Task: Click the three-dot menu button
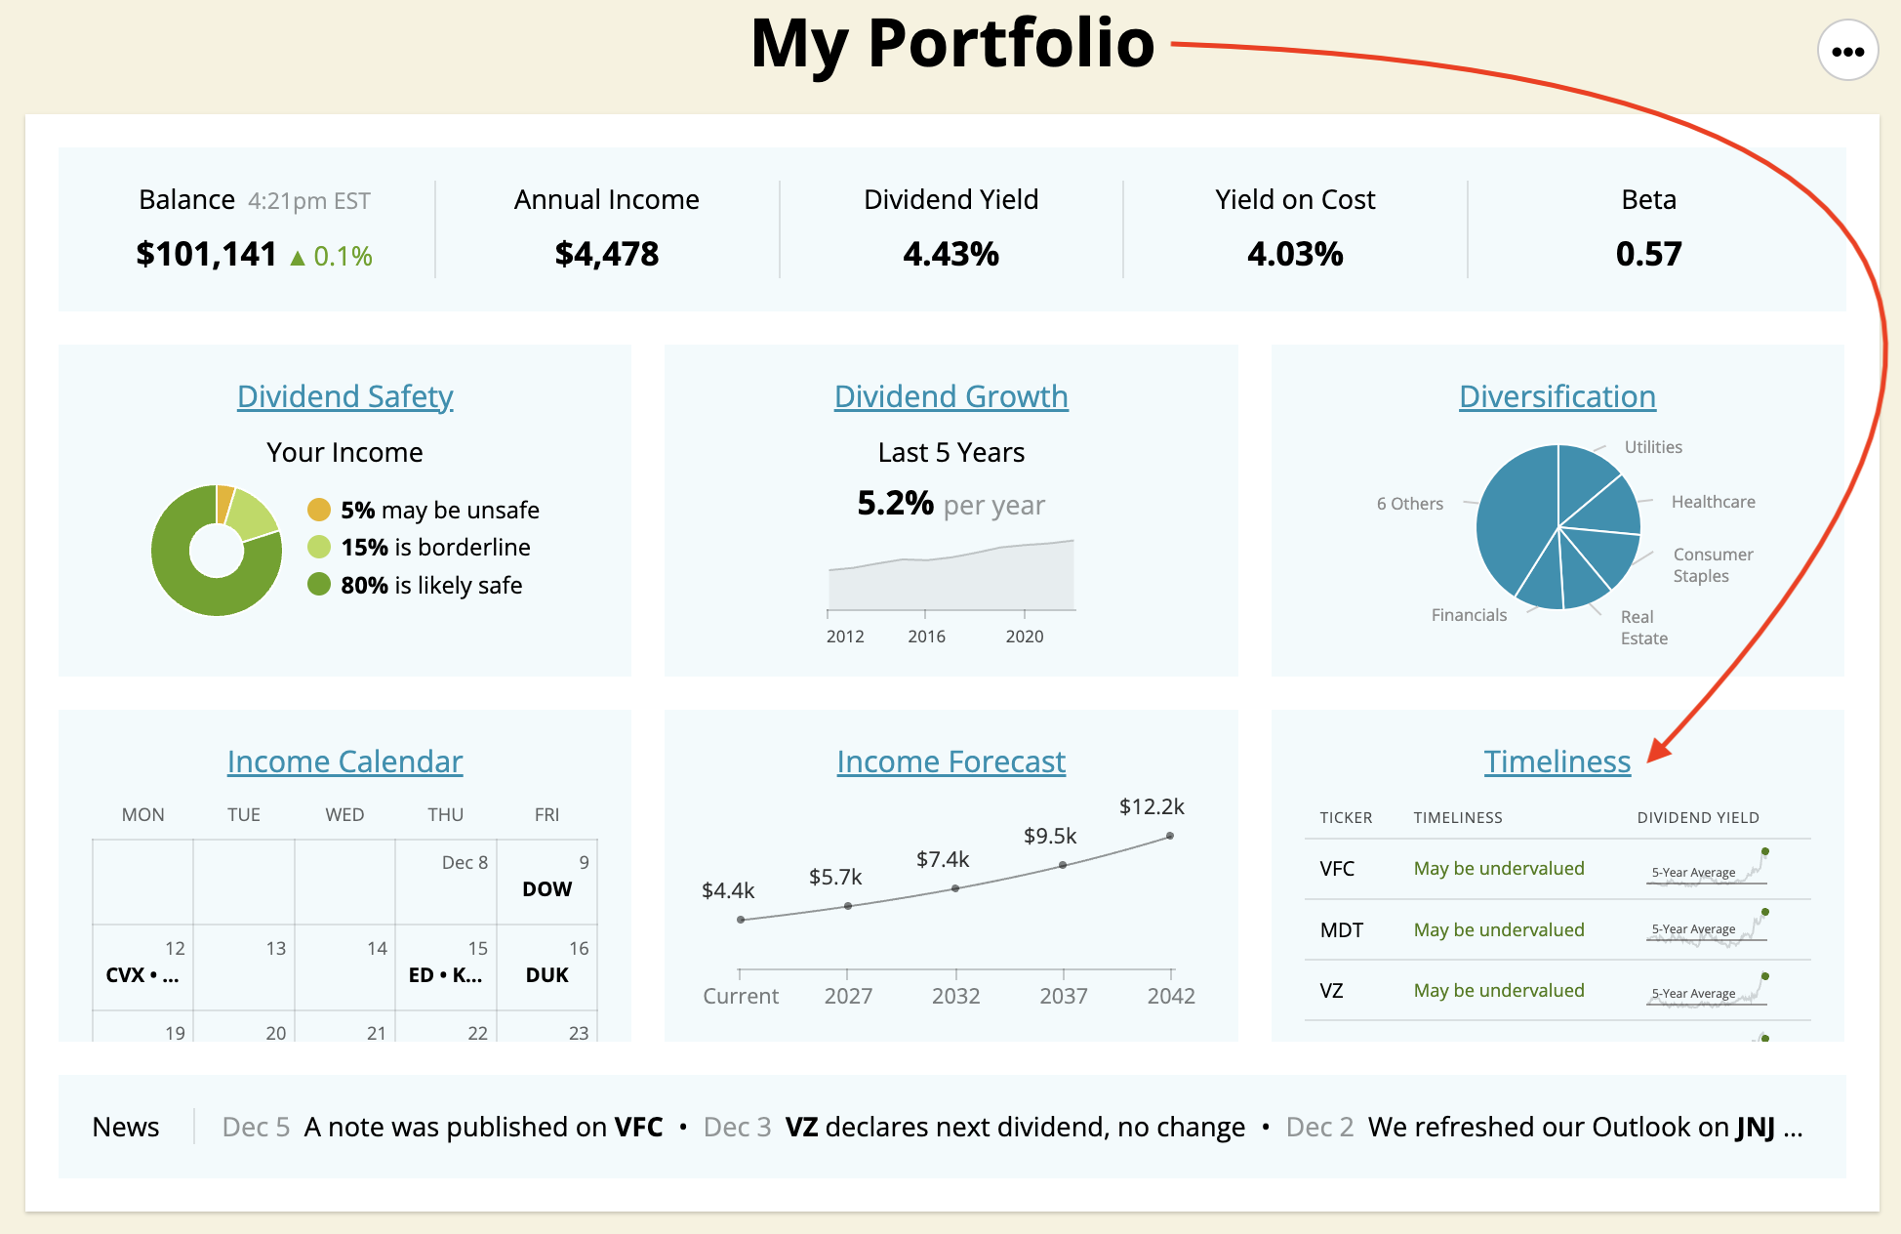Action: [1847, 52]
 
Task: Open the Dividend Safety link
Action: [344, 396]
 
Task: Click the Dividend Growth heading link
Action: [950, 396]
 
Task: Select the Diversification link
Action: [1557, 396]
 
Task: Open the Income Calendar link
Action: [344, 761]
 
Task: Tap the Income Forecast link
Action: [950, 761]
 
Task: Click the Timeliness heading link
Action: [1557, 761]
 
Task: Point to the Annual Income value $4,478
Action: [606, 254]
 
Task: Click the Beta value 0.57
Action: [1648, 254]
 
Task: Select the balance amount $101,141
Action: [206, 254]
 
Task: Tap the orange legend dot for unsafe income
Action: [319, 510]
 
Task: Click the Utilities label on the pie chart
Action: [1653, 447]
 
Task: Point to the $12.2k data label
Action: [1152, 806]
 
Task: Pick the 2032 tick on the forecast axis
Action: [955, 996]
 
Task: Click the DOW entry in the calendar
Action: [546, 888]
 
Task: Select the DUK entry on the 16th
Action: [546, 974]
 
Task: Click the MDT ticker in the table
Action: [1341, 929]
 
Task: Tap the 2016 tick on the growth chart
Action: [926, 637]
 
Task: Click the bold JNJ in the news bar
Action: [1755, 1127]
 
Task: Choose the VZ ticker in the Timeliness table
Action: [1331, 990]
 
